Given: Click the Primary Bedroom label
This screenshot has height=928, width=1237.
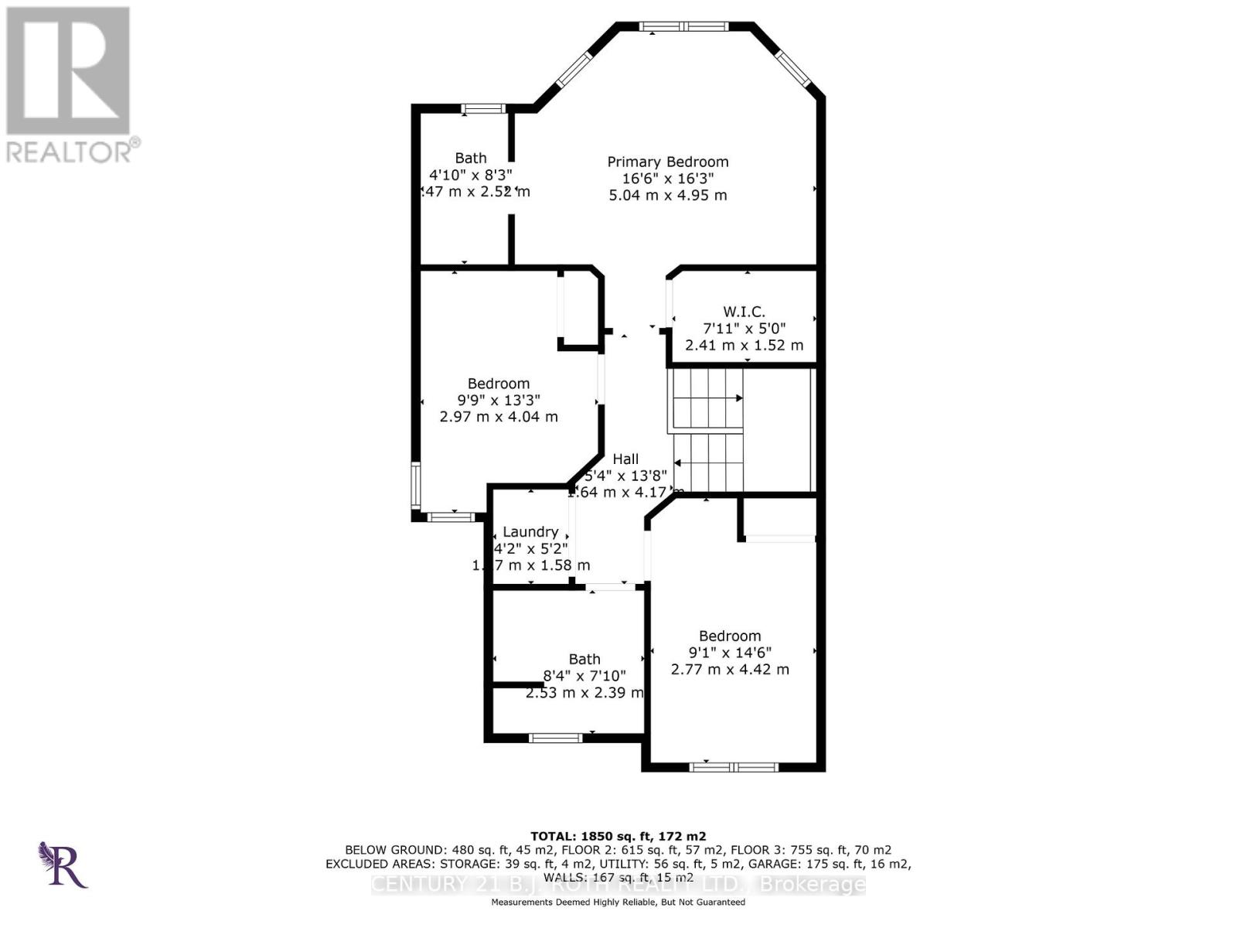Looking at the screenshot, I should tap(667, 162).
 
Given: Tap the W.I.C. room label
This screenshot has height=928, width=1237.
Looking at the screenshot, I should tap(744, 312).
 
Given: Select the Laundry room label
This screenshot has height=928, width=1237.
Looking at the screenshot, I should tap(530, 532).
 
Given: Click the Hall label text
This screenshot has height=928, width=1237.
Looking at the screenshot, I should tap(625, 459).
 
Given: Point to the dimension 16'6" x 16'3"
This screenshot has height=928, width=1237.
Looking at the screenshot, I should tap(667, 179).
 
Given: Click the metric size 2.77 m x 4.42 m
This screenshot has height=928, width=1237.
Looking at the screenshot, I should tap(730, 670).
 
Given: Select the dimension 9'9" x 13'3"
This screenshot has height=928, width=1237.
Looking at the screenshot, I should tap(498, 400).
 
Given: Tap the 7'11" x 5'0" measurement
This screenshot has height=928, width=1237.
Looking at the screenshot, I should tap(744, 329).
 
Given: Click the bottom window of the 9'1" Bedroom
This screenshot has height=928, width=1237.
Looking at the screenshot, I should tap(733, 767).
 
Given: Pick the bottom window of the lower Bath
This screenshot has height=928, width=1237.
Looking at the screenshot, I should tap(555, 738).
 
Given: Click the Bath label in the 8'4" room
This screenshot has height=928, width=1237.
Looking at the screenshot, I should tap(584, 659).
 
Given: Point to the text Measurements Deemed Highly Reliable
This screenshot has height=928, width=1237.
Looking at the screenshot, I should tap(618, 902).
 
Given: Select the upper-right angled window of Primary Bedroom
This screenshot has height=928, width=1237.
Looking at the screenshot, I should tap(792, 67).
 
